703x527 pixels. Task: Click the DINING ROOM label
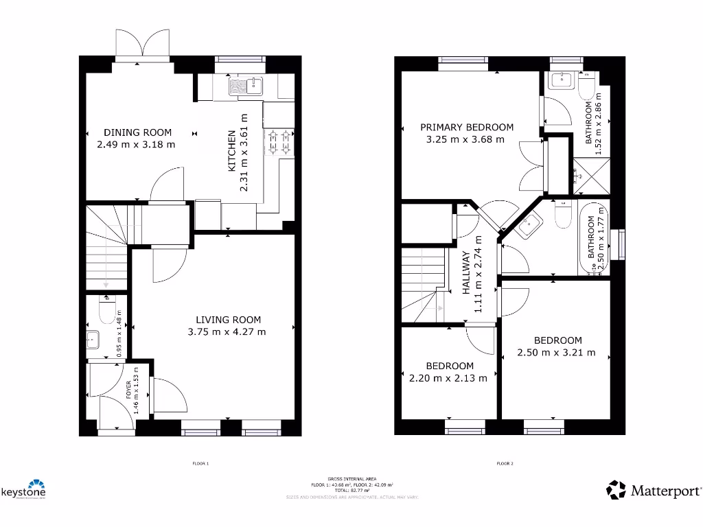pos(137,132)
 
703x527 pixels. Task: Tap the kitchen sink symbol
pos(246,86)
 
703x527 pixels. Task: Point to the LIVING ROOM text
pos(229,320)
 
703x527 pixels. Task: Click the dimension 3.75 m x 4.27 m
pos(227,332)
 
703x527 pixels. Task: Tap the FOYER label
pos(128,390)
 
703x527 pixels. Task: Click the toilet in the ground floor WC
pos(106,312)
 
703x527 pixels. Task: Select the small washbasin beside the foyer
pos(93,339)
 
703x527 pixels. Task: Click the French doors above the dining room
pos(142,43)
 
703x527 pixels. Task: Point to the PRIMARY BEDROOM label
pos(467,127)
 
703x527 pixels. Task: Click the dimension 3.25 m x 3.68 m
pos(465,140)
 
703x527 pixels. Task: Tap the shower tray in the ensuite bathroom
pos(584,176)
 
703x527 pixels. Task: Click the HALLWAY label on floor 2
pos(467,272)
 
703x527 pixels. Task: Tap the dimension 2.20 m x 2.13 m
pos(449,378)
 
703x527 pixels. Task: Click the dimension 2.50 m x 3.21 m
pos(556,353)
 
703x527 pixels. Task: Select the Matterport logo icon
pos(616,490)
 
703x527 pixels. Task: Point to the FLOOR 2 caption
pos(505,464)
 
